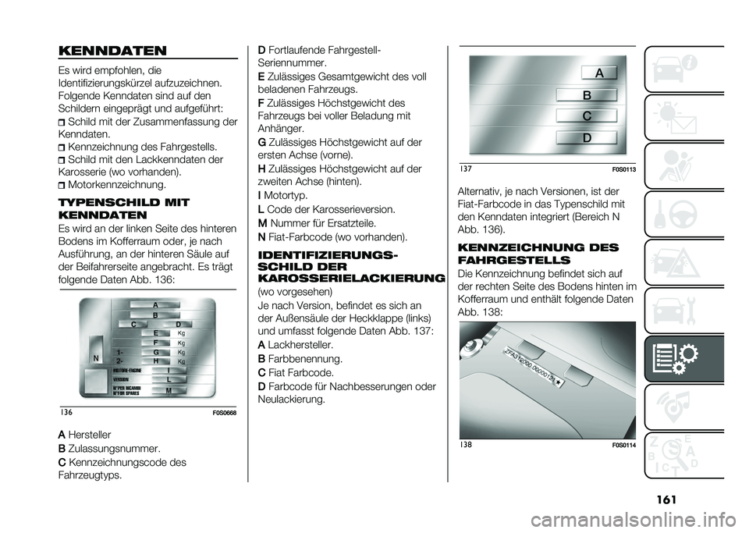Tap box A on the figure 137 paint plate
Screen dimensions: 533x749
pyautogui.click(x=587, y=73)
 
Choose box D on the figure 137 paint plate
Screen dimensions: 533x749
pyautogui.click(x=587, y=137)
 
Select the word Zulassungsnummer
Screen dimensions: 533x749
pyautogui.click(x=115, y=449)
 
